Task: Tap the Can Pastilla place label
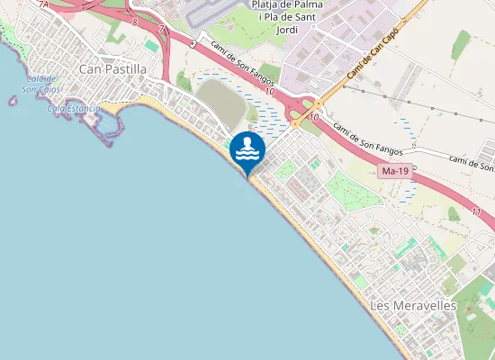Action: coord(113,68)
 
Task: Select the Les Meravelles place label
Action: coord(413,306)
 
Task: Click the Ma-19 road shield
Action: coord(394,170)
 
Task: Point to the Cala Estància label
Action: coord(74,108)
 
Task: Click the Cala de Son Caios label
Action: coord(40,84)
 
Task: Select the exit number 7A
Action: coord(43,4)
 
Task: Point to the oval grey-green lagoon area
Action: coord(220,103)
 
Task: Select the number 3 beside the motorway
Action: coord(192,43)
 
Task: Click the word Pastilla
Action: coord(126,68)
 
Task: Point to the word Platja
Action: coord(265,4)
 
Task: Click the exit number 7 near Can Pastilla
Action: coord(161,29)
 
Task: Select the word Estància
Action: coord(83,108)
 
